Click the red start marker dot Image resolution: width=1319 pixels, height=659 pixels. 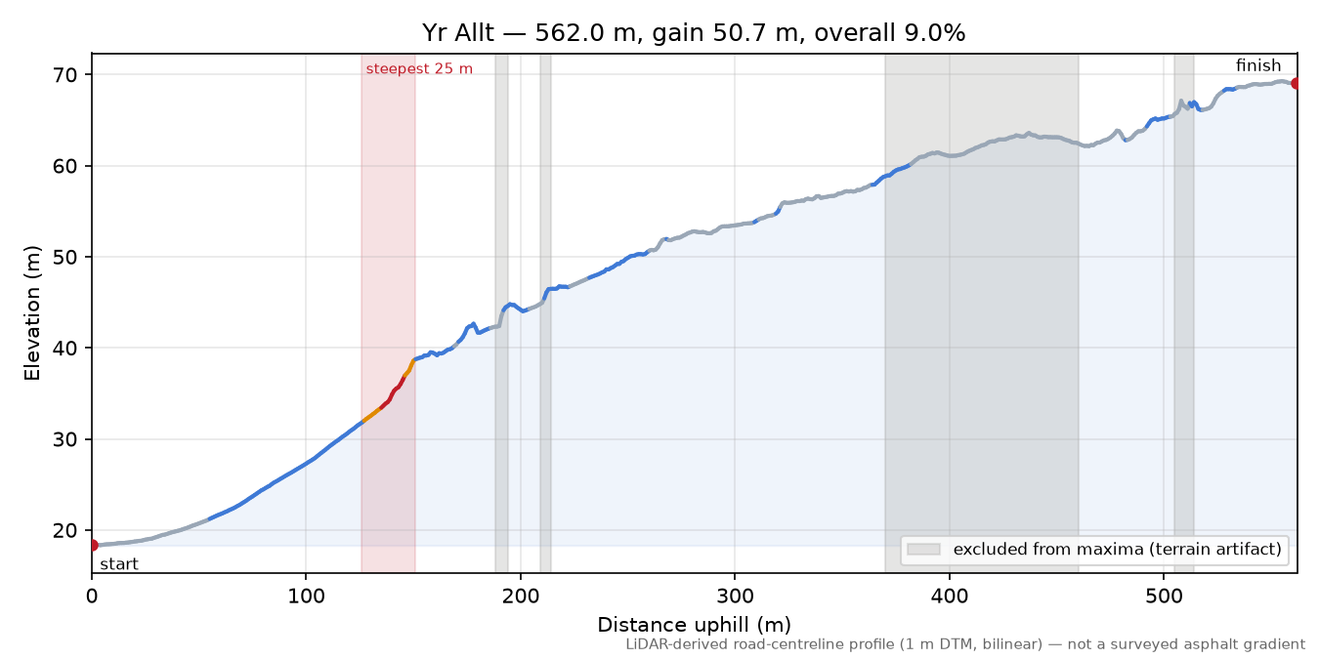[x=93, y=546]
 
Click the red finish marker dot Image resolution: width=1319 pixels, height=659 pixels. [x=1296, y=84]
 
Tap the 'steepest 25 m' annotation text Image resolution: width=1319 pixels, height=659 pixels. [x=419, y=69]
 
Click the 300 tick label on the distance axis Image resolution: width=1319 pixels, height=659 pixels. [x=735, y=597]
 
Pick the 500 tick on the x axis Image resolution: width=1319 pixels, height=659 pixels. [x=1164, y=597]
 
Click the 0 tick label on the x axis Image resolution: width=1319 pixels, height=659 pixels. [x=92, y=597]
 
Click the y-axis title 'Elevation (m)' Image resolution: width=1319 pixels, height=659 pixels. [x=32, y=313]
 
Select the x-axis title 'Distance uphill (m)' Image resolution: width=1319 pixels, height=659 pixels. [x=695, y=625]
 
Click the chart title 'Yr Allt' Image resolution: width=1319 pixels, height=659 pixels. [x=457, y=33]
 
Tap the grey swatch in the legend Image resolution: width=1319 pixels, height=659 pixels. [x=923, y=550]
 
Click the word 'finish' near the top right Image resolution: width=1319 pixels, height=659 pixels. [x=1258, y=65]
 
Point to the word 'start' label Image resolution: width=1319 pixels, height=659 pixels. [x=119, y=564]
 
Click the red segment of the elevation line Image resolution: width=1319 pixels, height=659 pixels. [x=392, y=392]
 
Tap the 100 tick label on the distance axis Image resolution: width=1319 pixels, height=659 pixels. [x=306, y=597]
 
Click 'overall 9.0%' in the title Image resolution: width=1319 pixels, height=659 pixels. [x=890, y=33]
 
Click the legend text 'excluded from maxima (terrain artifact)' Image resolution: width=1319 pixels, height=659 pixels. [x=1118, y=550]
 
